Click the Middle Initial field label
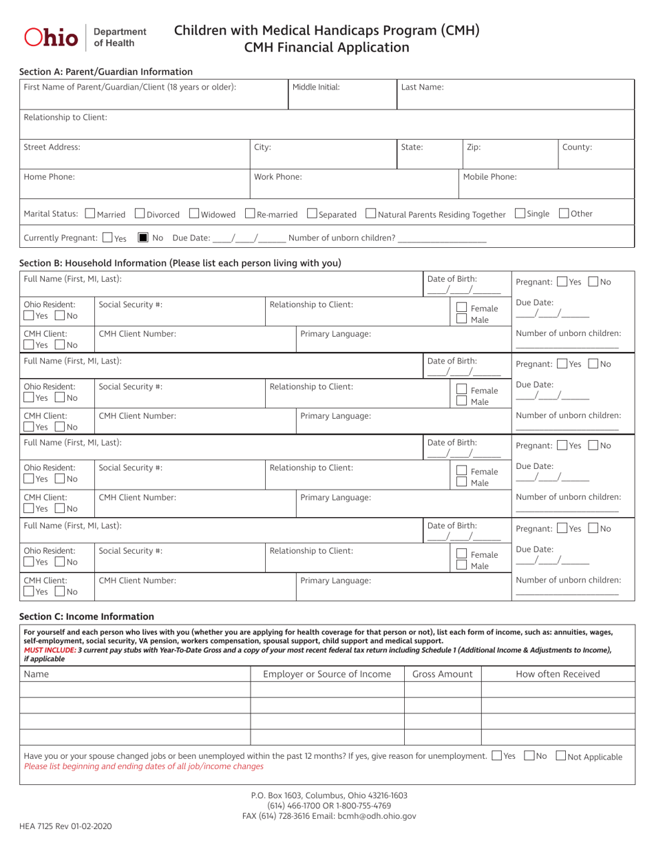[x=316, y=87]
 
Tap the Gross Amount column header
[x=442, y=674]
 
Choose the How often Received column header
[x=558, y=674]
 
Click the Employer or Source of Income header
[x=326, y=674]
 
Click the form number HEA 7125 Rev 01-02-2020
[x=67, y=825]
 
